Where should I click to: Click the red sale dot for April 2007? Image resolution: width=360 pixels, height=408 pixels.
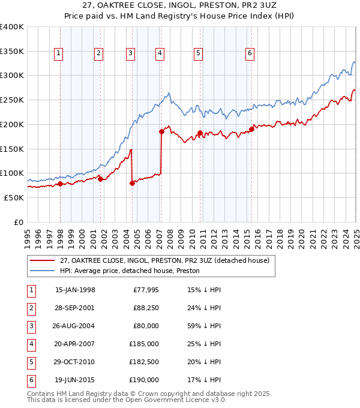click(161, 131)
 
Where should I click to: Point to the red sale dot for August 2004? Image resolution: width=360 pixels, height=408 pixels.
click(132, 183)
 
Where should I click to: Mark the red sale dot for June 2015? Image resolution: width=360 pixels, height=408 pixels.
click(252, 128)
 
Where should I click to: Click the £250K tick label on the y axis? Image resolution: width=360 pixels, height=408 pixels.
click(11, 100)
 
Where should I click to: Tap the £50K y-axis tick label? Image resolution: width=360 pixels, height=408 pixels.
click(14, 197)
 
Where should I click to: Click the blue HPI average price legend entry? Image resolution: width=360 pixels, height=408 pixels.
click(129, 271)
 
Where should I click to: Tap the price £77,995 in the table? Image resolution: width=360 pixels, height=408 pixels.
click(146, 290)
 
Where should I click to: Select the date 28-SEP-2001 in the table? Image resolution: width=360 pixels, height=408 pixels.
click(75, 308)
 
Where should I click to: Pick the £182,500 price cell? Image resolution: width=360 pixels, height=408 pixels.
click(145, 362)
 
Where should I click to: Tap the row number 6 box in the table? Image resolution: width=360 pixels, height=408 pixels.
click(29, 380)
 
